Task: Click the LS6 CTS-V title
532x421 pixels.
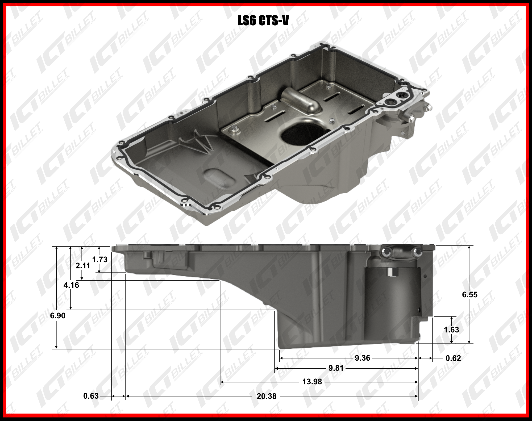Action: click(263, 20)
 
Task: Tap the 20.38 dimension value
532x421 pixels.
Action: click(267, 396)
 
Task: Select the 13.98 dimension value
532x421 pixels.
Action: click(312, 382)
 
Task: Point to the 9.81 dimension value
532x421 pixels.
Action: click(336, 368)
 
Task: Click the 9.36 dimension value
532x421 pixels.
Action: click(363, 358)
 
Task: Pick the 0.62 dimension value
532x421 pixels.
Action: click(453, 358)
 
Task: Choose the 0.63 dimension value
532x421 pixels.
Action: click(91, 396)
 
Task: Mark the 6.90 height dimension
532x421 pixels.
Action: click(58, 315)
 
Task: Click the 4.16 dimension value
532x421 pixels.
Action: click(71, 285)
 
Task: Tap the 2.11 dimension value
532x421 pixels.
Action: click(83, 265)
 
